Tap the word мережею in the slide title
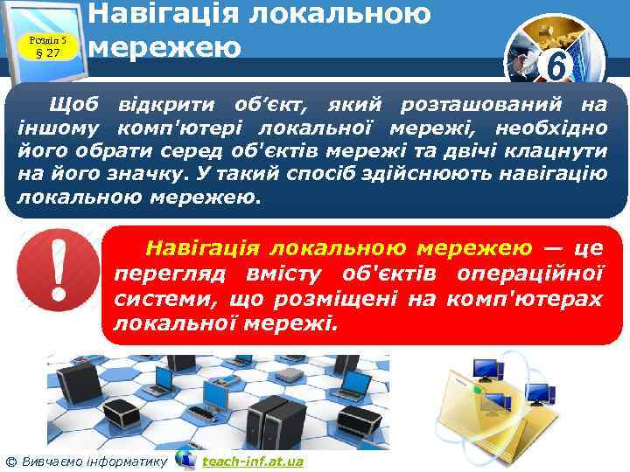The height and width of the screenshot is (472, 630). [x=166, y=45]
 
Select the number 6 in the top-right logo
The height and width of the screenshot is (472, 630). [x=552, y=66]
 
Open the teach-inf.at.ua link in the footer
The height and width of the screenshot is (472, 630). [x=252, y=461]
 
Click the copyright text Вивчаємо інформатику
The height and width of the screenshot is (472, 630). [x=93, y=461]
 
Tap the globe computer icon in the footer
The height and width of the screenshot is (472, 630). [x=185, y=459]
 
